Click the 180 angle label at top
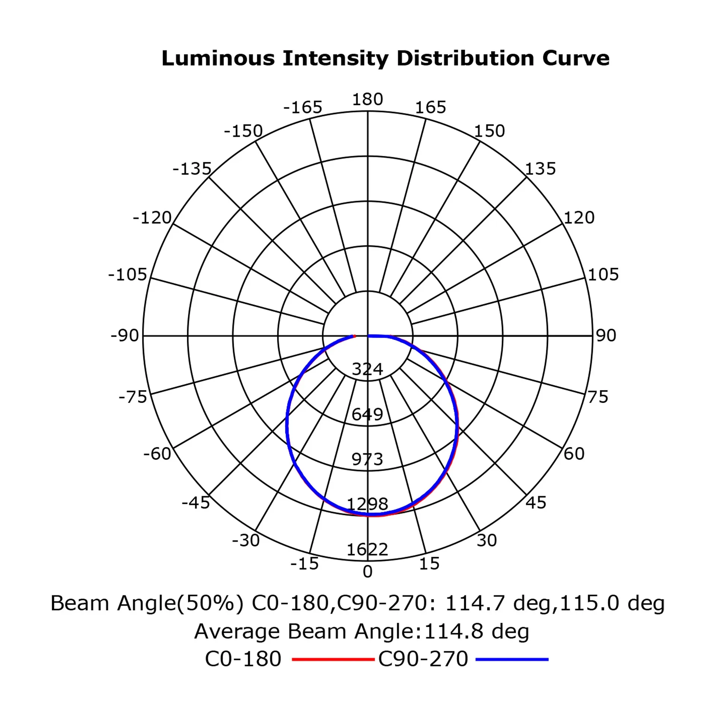pos(367,100)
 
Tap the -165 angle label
pos(302,108)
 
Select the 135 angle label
pos(540,169)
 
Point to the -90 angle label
pos(125,336)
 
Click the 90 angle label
pos(606,336)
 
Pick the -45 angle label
pos(196,503)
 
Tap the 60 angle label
pos(574,454)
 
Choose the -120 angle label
pos(152,218)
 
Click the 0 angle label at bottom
pos(367,572)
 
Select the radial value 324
pos(367,369)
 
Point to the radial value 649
pos(367,414)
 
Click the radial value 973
pos(367,459)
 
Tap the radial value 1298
pos(367,504)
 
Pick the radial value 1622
pos(367,549)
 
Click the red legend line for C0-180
pos(333,659)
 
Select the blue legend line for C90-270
pos(512,659)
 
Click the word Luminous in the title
pos(218,59)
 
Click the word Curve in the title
pos(576,59)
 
